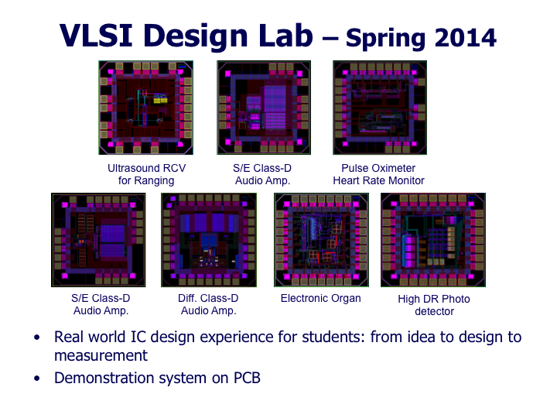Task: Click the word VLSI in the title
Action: click(x=96, y=35)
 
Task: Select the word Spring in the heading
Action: click(x=385, y=39)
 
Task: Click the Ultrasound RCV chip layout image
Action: click(x=146, y=108)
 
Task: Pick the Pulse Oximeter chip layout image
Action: click(x=380, y=108)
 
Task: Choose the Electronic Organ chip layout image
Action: click(x=322, y=240)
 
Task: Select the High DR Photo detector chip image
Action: click(x=433, y=240)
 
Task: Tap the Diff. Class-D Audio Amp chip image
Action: click(x=209, y=240)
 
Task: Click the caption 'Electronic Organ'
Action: click(x=321, y=299)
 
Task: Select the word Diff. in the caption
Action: click(x=188, y=298)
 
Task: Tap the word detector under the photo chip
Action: click(x=434, y=311)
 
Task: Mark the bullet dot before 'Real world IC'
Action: click(x=37, y=337)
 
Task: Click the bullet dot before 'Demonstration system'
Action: click(x=37, y=379)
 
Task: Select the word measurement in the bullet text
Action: click(x=101, y=356)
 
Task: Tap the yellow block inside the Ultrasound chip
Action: click(x=160, y=100)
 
